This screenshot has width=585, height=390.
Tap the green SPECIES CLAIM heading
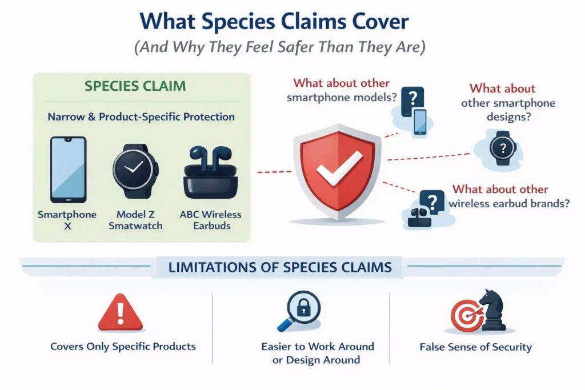(135, 86)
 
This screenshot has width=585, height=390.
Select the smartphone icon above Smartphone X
(69, 170)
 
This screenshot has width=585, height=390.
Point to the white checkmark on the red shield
(339, 168)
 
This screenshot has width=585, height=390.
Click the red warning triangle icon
(120, 312)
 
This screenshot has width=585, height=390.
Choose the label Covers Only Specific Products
(123, 347)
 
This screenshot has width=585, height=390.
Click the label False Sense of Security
(476, 347)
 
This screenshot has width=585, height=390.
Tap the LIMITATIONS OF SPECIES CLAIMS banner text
(280, 267)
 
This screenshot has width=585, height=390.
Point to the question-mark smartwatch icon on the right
(503, 148)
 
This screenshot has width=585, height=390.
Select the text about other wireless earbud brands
(509, 196)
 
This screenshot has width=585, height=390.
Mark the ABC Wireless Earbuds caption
(211, 220)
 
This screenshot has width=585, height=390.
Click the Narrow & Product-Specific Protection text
(141, 116)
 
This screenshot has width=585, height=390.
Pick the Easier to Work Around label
(318, 347)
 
